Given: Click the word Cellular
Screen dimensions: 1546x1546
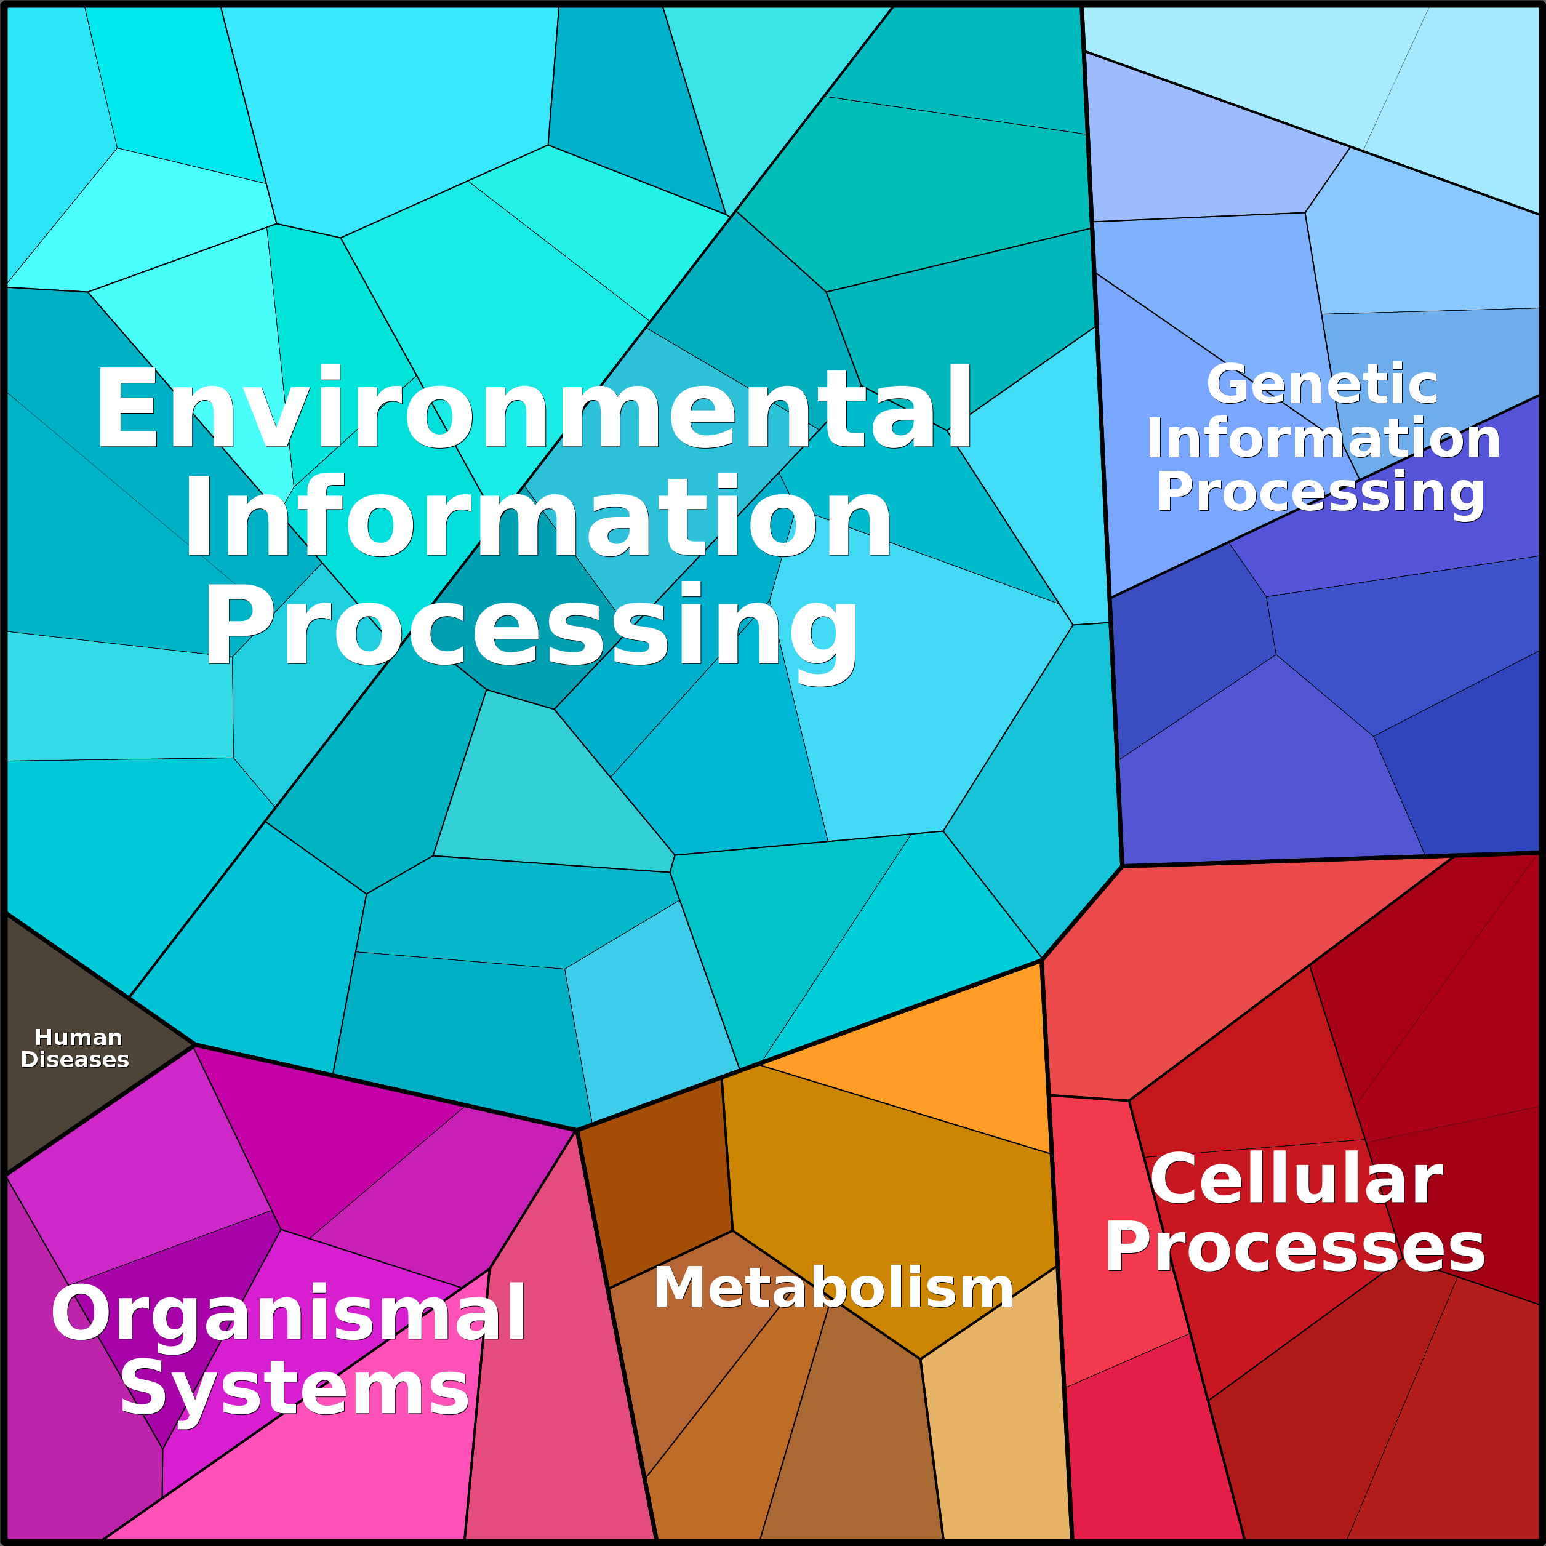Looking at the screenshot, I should [1296, 1180].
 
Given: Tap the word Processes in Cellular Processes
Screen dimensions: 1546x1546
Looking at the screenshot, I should [1295, 1248].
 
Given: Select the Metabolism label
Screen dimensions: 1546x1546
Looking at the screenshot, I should [833, 1288].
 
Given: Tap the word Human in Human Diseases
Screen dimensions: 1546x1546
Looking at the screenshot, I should [78, 1038].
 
